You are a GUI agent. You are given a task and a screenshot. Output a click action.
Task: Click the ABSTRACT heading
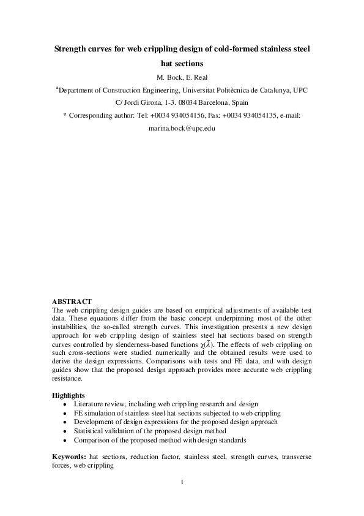[72, 302]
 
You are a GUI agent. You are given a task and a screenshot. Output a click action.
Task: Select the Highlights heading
[69, 395]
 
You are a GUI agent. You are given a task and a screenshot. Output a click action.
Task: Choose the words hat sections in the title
[182, 63]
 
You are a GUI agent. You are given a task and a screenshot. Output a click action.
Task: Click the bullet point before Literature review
[65, 405]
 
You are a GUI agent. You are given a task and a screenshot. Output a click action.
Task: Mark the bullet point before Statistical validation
[65, 431]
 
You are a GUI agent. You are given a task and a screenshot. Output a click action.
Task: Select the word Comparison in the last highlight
[92, 440]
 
